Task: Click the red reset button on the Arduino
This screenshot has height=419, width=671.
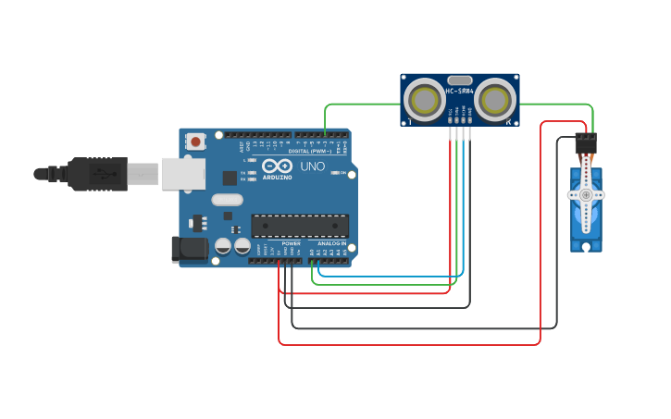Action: click(x=195, y=142)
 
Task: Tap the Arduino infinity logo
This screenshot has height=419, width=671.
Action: click(x=277, y=167)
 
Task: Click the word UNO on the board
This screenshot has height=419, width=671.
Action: click(x=312, y=167)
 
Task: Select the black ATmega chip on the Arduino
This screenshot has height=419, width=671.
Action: click(x=300, y=226)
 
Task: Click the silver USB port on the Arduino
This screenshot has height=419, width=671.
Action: click(x=182, y=173)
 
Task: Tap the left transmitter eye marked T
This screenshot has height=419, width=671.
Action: click(x=425, y=100)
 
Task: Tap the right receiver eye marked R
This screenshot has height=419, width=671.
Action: click(x=495, y=100)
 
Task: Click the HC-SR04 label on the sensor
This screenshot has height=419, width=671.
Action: click(x=460, y=92)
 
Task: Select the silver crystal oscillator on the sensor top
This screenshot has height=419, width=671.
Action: click(x=460, y=80)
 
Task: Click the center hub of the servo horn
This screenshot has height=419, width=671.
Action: click(x=585, y=195)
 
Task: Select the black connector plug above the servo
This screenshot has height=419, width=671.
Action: click(x=586, y=142)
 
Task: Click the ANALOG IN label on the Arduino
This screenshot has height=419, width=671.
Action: click(x=331, y=243)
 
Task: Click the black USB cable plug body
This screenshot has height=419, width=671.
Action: click(x=97, y=173)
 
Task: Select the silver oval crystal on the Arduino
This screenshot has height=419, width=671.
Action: click(x=227, y=199)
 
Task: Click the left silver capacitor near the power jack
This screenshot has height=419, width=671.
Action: click(x=223, y=246)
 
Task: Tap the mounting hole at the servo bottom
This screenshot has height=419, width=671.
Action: click(x=585, y=246)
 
